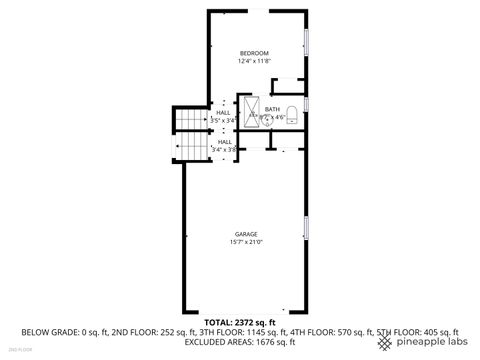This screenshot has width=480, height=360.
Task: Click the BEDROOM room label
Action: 255,52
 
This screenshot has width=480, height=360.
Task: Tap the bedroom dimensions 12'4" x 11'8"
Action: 255,61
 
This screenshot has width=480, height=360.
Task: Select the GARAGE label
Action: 246,234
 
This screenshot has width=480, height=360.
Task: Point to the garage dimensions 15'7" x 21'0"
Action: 246,242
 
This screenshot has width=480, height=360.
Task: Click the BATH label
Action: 272,109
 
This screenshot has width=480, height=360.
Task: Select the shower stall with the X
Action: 247,110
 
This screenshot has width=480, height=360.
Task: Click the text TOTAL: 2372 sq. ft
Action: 240,322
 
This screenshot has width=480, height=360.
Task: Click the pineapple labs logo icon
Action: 385,342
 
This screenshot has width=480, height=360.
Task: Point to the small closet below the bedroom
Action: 287,87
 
